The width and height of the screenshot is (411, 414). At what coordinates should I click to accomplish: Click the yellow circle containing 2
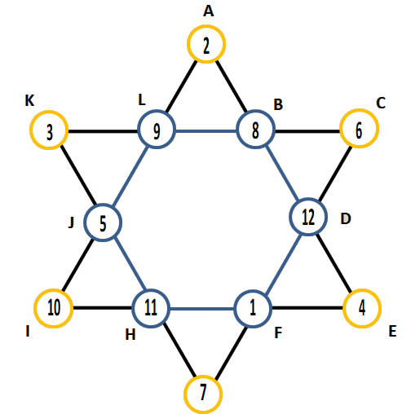coord(206,27)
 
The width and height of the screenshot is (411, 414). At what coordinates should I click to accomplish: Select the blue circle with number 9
coord(157,112)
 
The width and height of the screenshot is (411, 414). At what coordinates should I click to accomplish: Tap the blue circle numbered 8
coord(255,112)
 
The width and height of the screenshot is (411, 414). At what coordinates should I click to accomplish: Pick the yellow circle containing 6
coord(359,110)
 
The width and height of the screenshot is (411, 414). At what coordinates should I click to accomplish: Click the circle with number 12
coord(308,199)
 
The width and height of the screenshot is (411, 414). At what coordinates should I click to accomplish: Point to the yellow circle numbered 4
coord(362,290)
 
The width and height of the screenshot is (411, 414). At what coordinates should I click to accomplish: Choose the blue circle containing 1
coord(253,291)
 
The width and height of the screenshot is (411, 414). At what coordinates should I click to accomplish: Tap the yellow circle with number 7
coord(203,377)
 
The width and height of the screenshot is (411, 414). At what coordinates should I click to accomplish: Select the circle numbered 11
coord(151,290)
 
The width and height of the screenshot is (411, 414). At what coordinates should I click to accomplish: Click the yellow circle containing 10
coord(54,290)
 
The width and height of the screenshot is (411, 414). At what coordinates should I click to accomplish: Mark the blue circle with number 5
coord(103,205)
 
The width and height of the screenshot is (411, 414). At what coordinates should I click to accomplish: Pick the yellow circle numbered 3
coord(49,112)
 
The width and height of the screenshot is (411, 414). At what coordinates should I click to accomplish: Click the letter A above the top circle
coord(209,11)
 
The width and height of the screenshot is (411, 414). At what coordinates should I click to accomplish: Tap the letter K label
coord(29,101)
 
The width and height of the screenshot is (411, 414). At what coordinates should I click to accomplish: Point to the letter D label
coord(346,218)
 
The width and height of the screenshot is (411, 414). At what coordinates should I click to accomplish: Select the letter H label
coord(130,335)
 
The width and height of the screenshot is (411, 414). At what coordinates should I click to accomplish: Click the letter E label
coord(392,332)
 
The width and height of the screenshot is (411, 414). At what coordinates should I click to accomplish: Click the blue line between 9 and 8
coord(206,131)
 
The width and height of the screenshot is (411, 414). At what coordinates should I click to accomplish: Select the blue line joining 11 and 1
coord(202,309)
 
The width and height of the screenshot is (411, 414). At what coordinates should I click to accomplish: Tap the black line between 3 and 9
coord(103,131)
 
